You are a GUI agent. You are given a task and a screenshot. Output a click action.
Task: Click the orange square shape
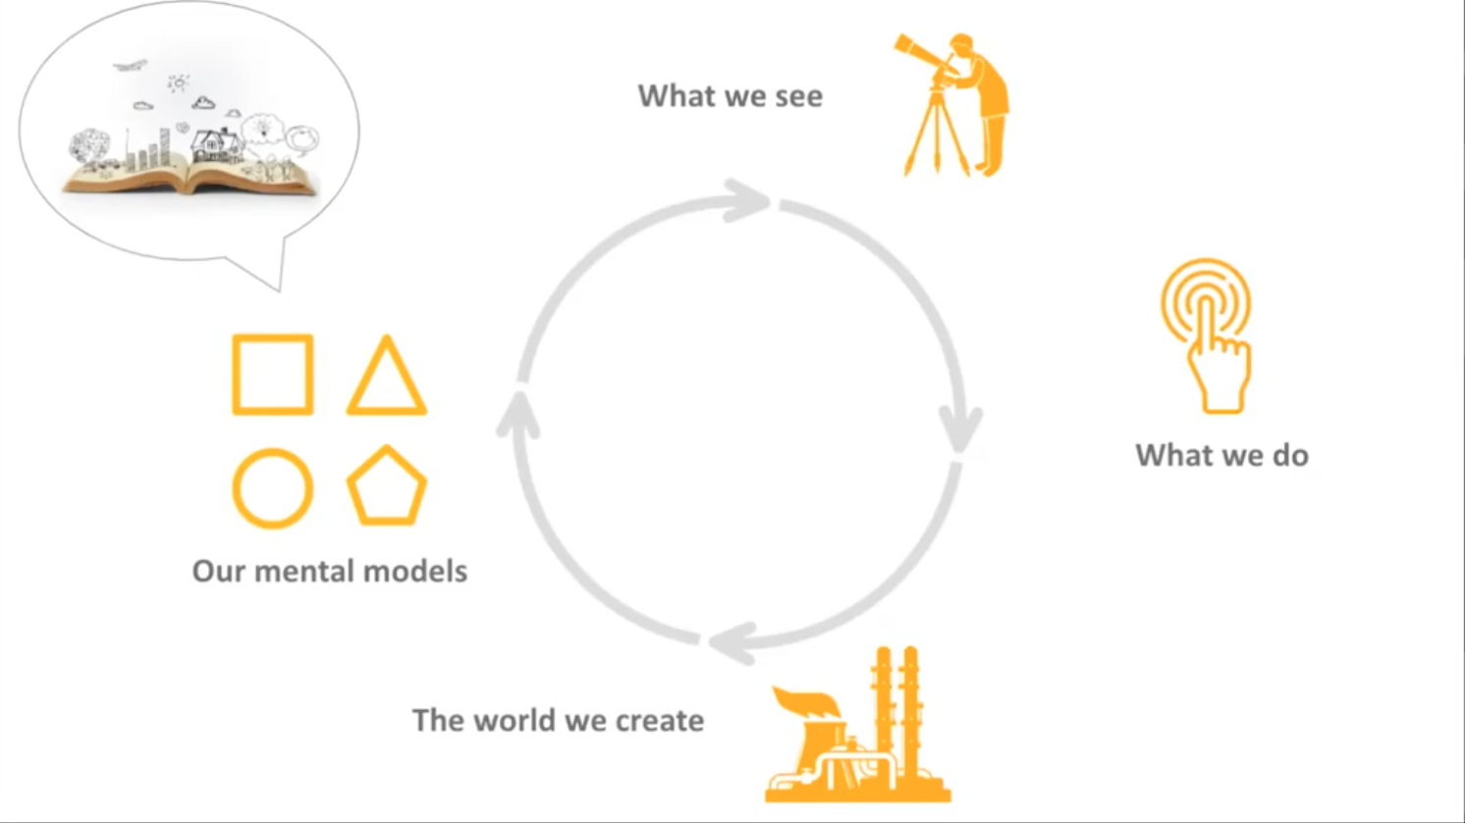tap(272, 374)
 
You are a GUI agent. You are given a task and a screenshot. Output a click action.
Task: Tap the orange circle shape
tap(272, 488)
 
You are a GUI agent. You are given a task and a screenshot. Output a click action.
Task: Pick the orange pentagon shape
tap(386, 487)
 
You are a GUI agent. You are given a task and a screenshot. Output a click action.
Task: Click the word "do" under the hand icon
tap(1290, 456)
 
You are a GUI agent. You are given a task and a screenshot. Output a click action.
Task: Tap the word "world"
tap(511, 720)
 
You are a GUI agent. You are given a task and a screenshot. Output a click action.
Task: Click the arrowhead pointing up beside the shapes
tap(517, 413)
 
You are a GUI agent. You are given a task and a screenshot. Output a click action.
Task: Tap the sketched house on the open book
tap(216, 145)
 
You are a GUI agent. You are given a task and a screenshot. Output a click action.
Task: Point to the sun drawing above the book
tap(178, 83)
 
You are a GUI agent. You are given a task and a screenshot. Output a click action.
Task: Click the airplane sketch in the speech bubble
tap(130, 66)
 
